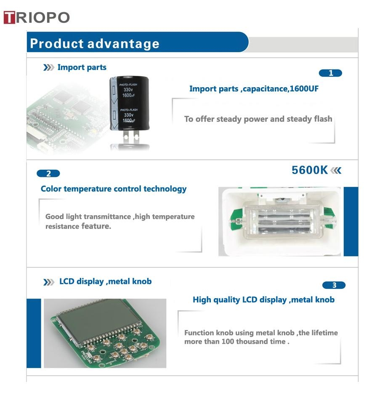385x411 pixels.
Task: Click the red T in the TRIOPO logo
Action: [9, 18]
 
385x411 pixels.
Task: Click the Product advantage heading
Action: [95, 43]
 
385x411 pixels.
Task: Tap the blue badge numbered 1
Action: [330, 73]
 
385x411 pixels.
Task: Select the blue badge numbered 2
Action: [48, 173]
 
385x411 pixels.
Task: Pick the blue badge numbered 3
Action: [334, 285]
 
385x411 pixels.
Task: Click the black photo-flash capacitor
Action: [129, 103]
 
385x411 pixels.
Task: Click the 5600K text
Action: [310, 170]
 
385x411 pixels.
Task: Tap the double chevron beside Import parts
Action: [48, 68]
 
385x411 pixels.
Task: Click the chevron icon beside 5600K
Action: [336, 171]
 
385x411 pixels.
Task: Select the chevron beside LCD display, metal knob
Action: [48, 282]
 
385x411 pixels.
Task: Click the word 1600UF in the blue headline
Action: [304, 88]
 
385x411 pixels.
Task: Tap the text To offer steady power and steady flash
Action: [258, 119]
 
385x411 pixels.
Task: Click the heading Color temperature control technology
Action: [114, 189]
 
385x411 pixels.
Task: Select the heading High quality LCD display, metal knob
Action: [263, 299]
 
